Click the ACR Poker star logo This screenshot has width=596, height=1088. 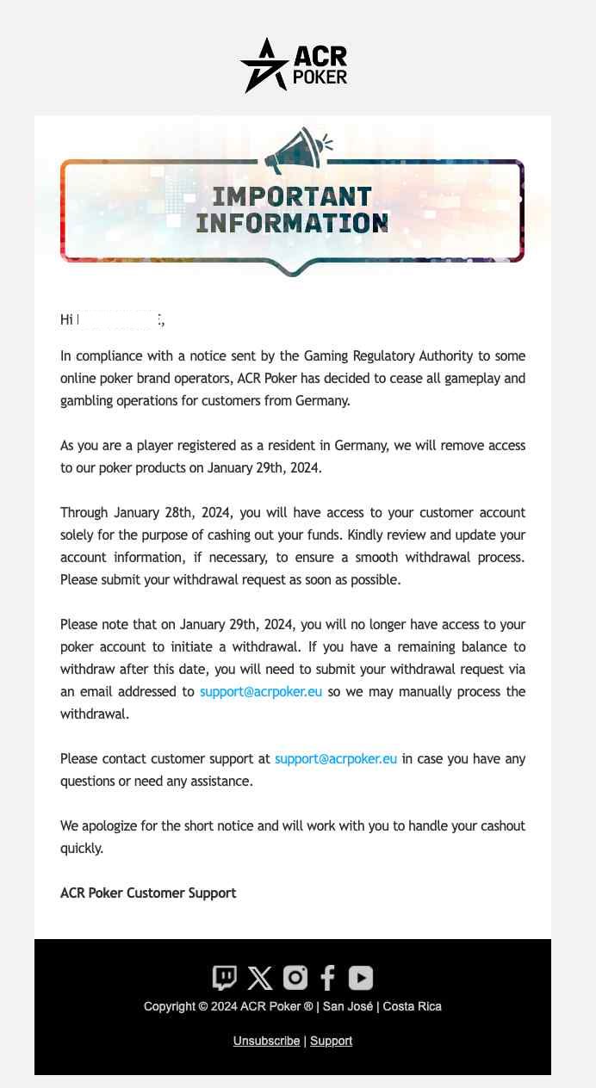(264, 65)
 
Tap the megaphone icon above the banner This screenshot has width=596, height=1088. (298, 150)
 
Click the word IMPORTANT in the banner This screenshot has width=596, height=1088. (292, 198)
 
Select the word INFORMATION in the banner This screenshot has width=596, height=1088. (292, 223)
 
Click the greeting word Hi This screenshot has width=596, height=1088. (66, 320)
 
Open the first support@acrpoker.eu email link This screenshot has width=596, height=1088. (261, 692)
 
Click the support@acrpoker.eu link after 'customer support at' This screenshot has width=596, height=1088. (336, 759)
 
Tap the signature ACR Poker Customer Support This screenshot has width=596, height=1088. (148, 893)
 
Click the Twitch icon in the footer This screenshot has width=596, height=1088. (224, 978)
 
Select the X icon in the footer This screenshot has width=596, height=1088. (259, 978)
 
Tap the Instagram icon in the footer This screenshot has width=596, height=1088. (295, 978)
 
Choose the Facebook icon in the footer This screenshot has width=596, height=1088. (328, 978)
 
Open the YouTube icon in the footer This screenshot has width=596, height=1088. (361, 978)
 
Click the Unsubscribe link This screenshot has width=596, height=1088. (266, 1042)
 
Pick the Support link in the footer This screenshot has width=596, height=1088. (331, 1042)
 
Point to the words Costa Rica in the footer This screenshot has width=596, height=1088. (412, 1007)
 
